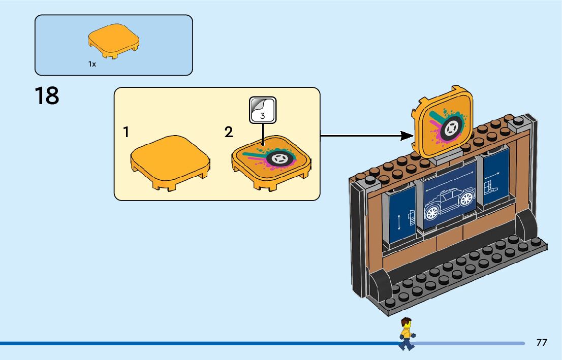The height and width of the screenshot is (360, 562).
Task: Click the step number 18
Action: (47, 96)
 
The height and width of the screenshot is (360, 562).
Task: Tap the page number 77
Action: (542, 343)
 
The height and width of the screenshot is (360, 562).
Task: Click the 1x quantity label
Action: (92, 64)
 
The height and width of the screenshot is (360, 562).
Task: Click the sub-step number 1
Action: (126, 133)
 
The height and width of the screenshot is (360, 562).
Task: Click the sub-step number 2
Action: (229, 133)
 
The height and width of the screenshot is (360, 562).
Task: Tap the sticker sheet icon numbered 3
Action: (263, 110)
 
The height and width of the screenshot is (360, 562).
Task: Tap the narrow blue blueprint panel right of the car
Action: (495, 178)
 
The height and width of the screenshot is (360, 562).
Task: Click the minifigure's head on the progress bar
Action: (405, 323)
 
